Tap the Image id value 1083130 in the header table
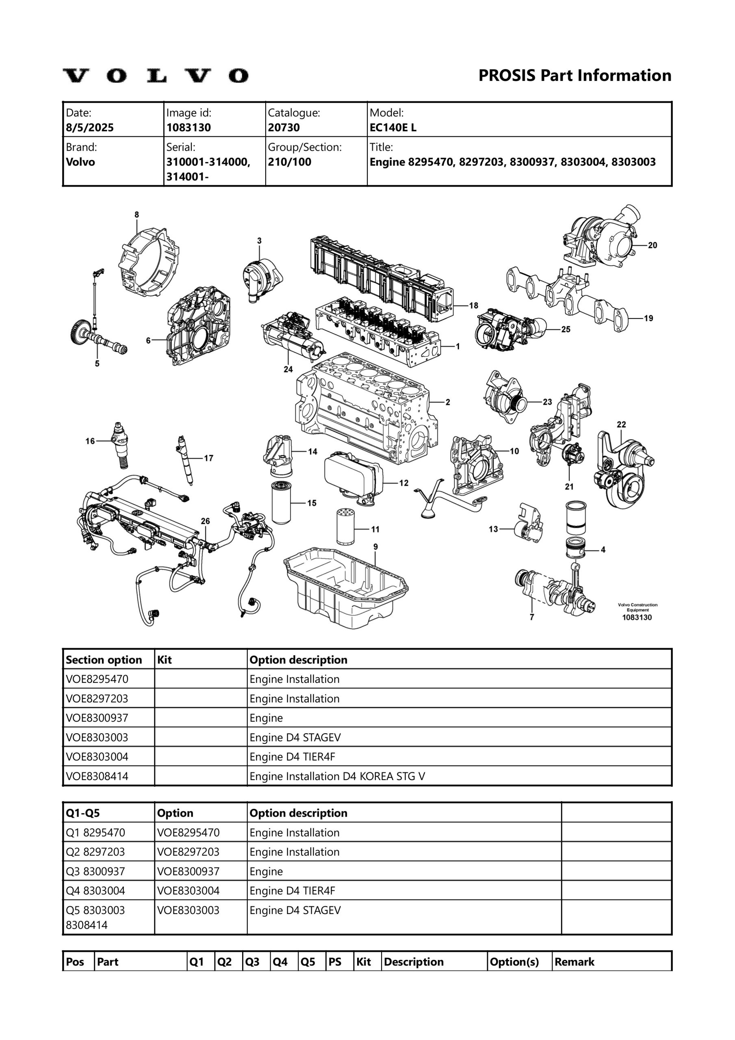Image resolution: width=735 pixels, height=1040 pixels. pyautogui.click(x=189, y=127)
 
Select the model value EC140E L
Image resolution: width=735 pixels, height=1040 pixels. pyautogui.click(x=393, y=127)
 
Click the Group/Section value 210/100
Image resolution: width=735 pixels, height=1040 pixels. pyautogui.click(x=289, y=162)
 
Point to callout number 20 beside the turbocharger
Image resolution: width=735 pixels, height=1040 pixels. pyautogui.click(x=652, y=245)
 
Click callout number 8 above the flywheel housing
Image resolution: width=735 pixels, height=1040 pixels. pyautogui.click(x=137, y=215)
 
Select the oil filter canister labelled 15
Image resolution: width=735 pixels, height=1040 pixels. pyautogui.click(x=281, y=503)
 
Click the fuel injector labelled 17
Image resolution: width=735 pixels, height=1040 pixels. pyautogui.click(x=186, y=459)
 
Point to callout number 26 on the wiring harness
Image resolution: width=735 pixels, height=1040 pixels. pyautogui.click(x=205, y=521)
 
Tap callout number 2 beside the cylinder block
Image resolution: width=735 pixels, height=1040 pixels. pyautogui.click(x=448, y=402)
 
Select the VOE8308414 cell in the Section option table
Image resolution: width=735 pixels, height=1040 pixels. pyautogui.click(x=97, y=776)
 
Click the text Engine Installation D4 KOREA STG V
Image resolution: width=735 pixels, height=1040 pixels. pyautogui.click(x=337, y=776)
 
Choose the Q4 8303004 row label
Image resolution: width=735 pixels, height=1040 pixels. pyautogui.click(x=95, y=890)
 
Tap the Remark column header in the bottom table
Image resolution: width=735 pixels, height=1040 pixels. pyautogui.click(x=574, y=962)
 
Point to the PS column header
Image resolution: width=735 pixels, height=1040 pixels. pyautogui.click(x=334, y=962)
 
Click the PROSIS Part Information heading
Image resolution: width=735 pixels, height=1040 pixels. pyautogui.click(x=575, y=75)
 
